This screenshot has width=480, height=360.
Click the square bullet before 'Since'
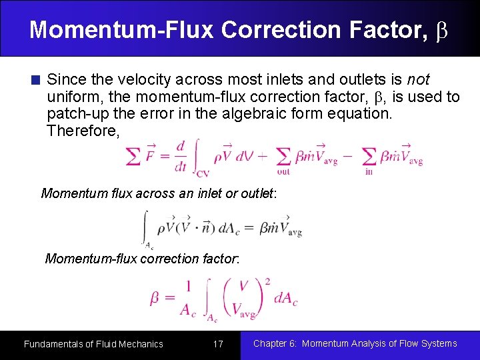coord(36,81)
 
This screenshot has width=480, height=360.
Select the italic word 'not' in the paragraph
coord(418,80)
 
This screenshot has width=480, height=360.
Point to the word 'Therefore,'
coord(83,131)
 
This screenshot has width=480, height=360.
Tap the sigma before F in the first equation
coord(133,157)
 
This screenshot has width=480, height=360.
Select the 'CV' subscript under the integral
coord(203,173)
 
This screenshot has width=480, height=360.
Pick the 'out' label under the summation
coord(283,171)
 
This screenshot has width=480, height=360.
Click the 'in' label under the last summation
coord(369,171)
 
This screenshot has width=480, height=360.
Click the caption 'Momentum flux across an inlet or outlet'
coord(158,194)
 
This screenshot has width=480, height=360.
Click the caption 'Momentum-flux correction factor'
coord(142,259)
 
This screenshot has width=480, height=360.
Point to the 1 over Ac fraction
coord(187,297)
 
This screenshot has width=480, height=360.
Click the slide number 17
coord(217,344)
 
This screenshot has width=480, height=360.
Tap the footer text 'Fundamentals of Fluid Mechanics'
coord(93,344)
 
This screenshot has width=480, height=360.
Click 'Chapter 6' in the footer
coord(275,343)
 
